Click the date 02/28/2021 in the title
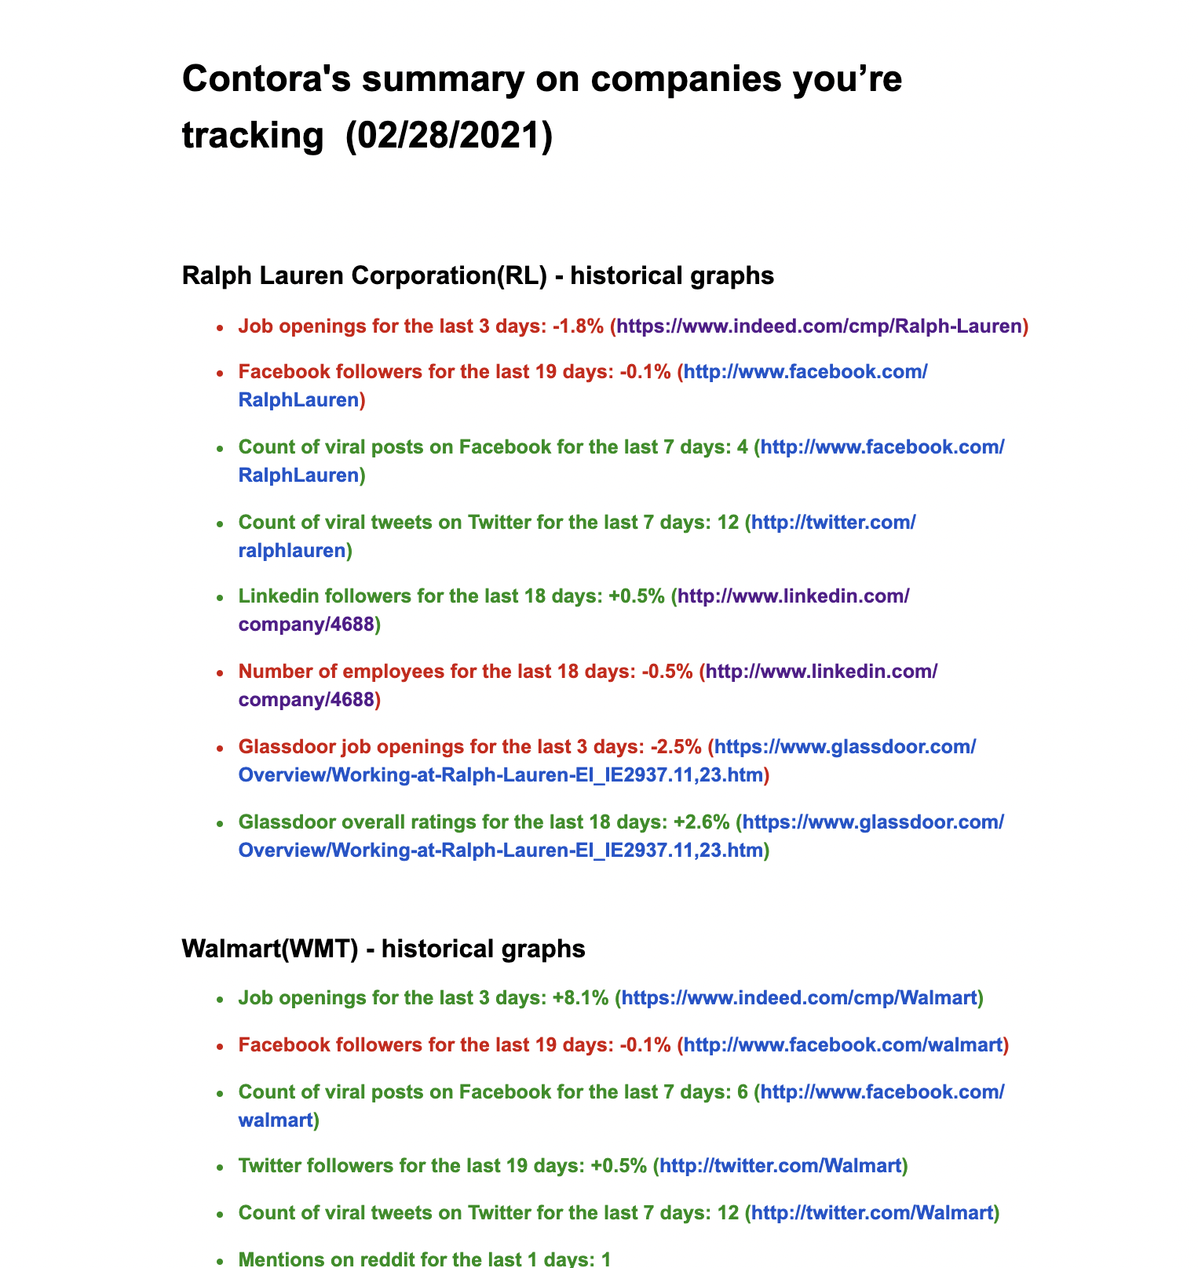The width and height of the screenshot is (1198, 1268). point(448,135)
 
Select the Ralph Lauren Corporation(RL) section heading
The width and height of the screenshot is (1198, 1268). point(477,275)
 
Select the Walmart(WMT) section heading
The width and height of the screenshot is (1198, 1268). point(383,949)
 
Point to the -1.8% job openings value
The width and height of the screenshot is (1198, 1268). point(578,326)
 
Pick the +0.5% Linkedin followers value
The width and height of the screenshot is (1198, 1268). point(637,596)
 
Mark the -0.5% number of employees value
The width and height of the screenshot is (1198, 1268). point(667,672)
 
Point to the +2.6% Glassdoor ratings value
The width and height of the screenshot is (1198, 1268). point(702,822)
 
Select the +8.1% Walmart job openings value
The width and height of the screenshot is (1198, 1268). point(580,998)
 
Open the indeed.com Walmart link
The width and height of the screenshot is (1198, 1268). point(799,998)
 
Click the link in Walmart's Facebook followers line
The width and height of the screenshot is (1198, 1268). point(843,1045)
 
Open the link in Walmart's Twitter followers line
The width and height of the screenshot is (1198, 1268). point(780,1166)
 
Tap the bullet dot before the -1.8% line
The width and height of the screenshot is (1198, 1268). point(221,326)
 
